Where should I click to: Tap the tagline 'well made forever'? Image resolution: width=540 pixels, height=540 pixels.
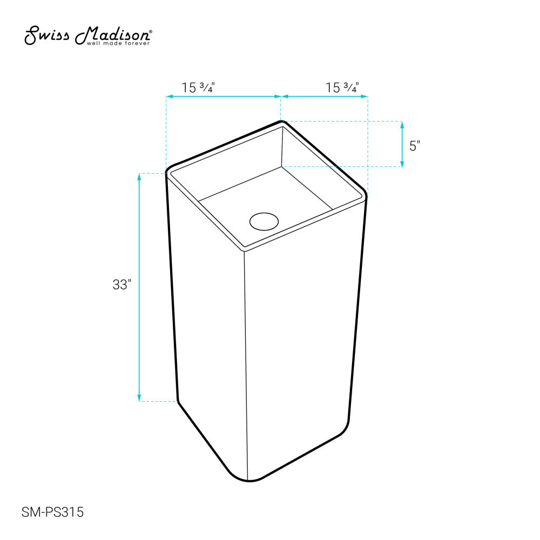pos(118,43)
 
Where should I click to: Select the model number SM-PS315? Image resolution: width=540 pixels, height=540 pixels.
pos(53,512)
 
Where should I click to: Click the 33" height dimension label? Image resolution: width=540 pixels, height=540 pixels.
pos(122,285)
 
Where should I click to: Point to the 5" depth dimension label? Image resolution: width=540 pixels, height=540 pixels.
pos(415,146)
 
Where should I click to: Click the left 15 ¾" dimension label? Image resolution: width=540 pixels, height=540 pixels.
pos(199,87)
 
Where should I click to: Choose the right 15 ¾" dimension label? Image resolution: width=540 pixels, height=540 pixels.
pos(342,87)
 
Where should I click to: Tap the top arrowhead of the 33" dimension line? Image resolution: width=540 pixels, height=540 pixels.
pos(140,177)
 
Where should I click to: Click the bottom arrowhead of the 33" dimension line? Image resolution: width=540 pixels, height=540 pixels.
pos(140,398)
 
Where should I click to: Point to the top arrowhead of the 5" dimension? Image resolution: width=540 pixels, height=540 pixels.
pos(402,125)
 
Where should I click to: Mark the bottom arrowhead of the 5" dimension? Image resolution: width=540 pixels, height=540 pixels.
pos(402,164)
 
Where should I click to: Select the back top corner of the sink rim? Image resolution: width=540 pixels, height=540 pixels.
pos(281,122)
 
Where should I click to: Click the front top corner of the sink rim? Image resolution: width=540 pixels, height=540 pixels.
pos(244,251)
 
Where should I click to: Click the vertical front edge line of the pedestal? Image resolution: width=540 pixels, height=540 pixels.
pos(246,367)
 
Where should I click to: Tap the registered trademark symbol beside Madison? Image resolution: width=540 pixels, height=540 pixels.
pos(150,32)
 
